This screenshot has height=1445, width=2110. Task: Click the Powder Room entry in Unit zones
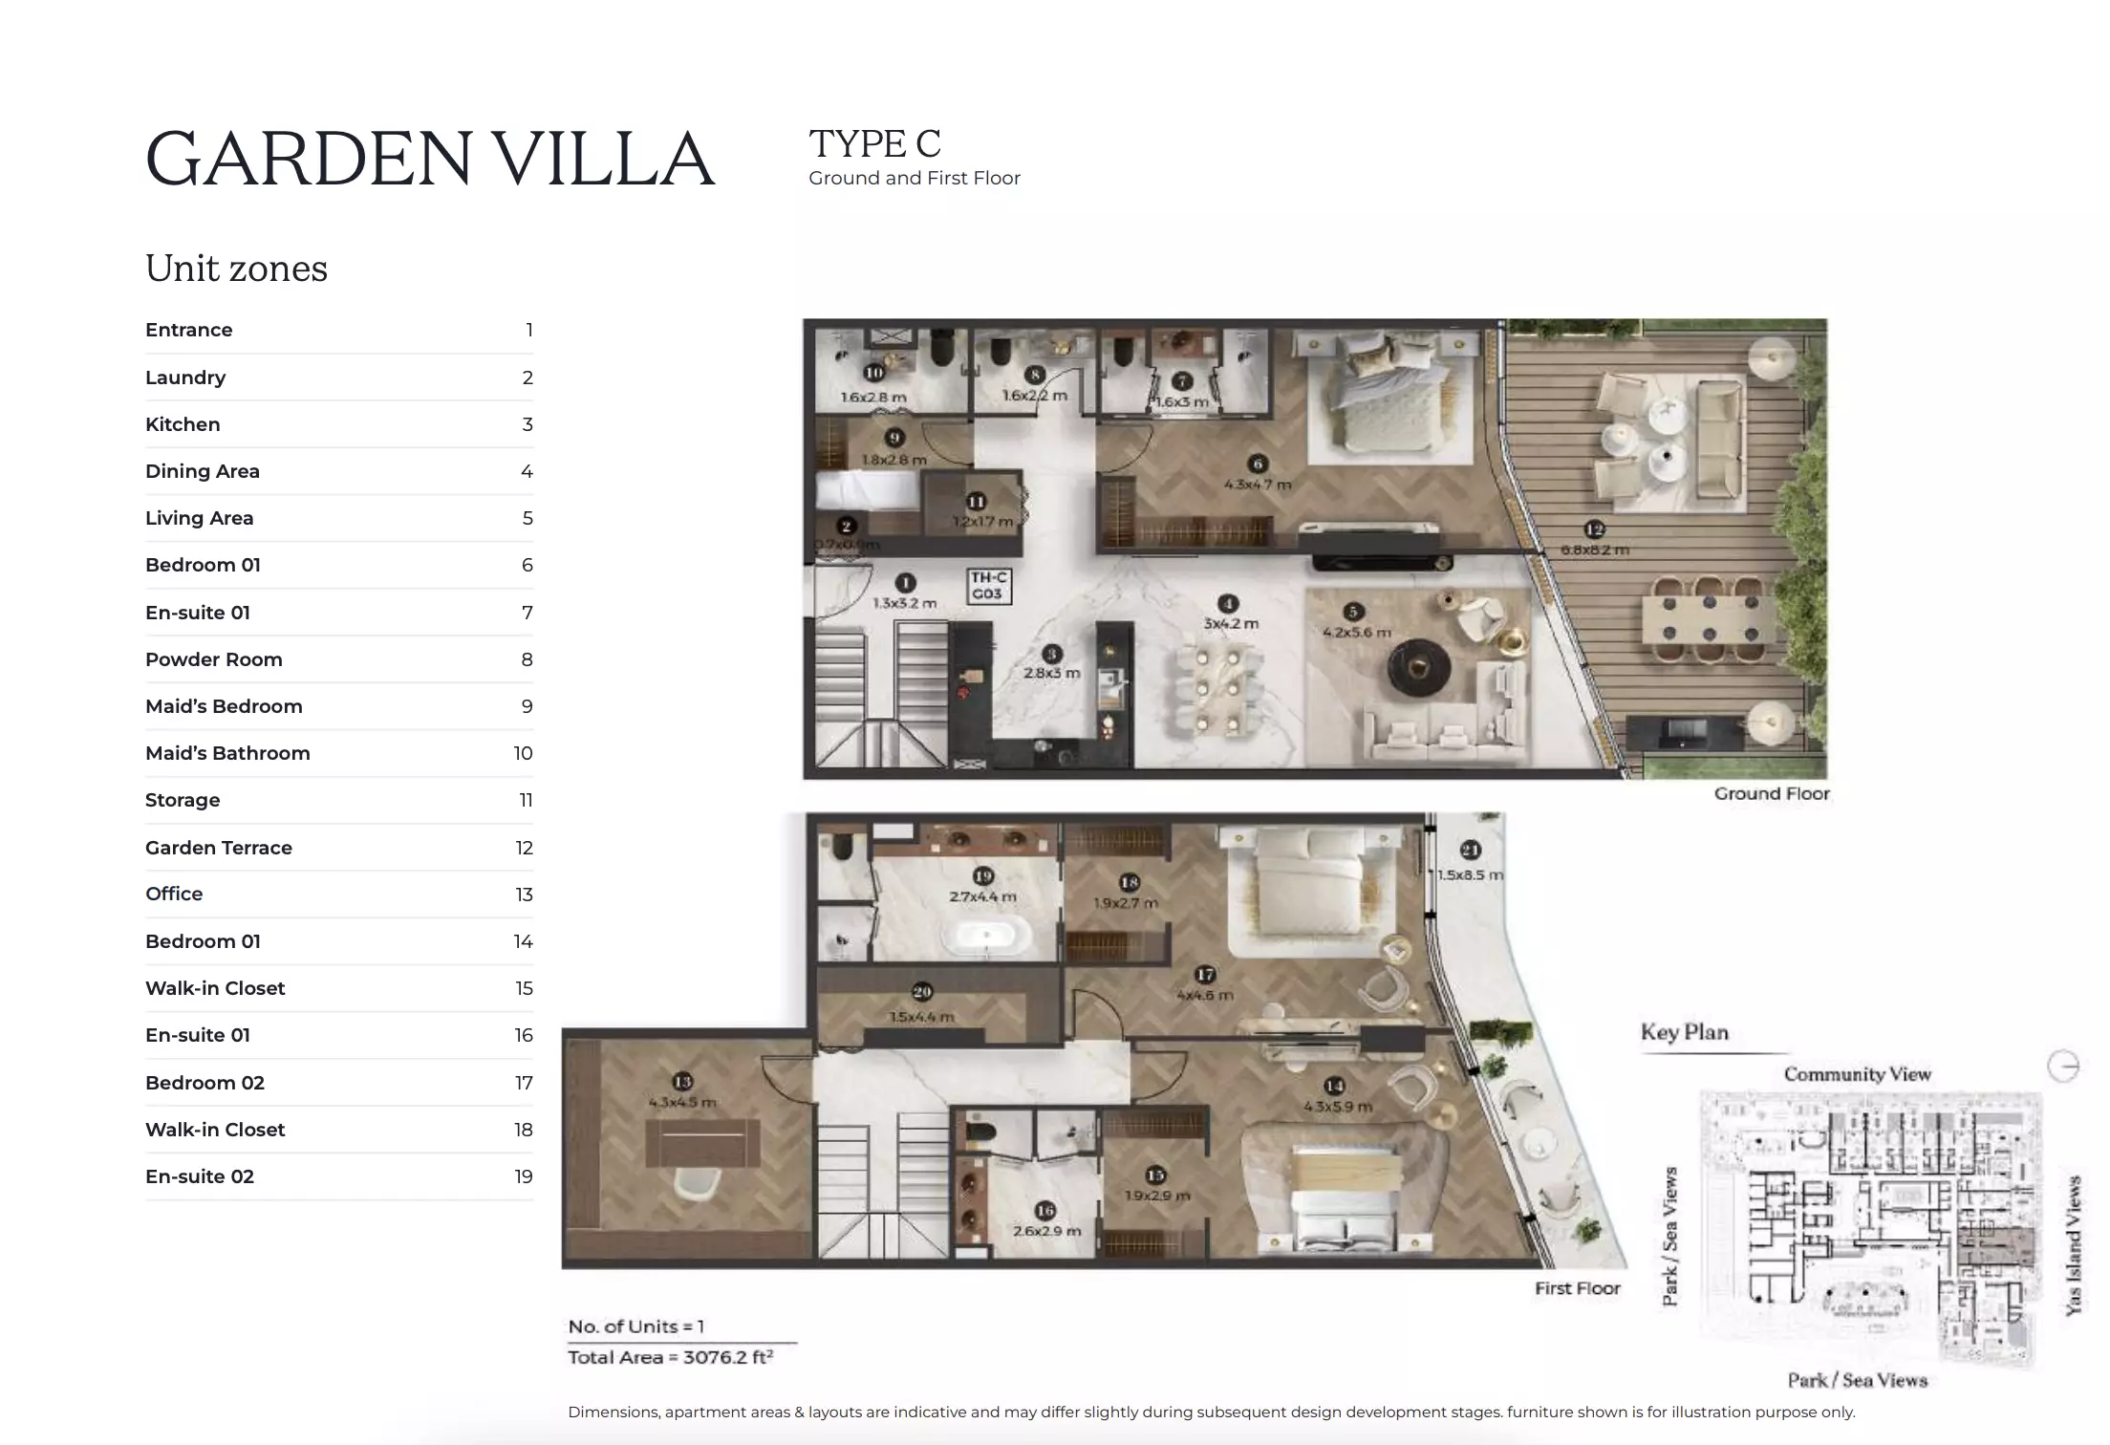[214, 659]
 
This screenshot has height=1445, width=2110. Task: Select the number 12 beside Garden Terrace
[524, 848]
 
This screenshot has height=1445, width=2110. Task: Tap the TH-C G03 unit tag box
[988, 586]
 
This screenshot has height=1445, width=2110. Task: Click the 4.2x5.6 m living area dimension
[1356, 633]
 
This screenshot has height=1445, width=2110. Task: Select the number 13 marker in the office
[682, 1082]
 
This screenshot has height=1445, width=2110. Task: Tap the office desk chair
[697, 1187]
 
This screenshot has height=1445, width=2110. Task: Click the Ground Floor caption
[1771, 793]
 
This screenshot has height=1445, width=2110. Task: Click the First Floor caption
[1577, 1288]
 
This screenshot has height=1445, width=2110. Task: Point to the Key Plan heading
[1684, 1032]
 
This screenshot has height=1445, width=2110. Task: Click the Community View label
[1857, 1074]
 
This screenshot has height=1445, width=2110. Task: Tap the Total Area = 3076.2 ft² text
[670, 1357]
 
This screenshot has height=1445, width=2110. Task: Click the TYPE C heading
[874, 144]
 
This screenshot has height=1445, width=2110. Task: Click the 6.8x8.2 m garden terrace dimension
[1594, 550]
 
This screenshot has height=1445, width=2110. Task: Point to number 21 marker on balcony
[1470, 850]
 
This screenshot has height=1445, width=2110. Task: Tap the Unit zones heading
[236, 269]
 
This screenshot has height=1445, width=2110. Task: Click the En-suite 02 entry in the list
[200, 1176]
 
